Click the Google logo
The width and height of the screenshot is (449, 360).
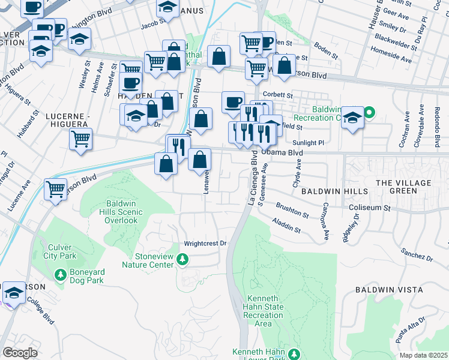coord(20,353)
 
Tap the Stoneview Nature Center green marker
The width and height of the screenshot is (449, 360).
coord(185,259)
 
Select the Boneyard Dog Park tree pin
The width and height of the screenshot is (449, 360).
coord(60,275)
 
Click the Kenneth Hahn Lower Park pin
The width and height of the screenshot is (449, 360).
coord(294,353)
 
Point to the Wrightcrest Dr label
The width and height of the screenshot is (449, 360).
coord(205,244)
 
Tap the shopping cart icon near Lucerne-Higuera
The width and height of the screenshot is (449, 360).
coord(80,139)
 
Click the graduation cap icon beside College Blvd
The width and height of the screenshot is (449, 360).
coord(13,293)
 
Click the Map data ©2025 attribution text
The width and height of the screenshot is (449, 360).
coord(423,355)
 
